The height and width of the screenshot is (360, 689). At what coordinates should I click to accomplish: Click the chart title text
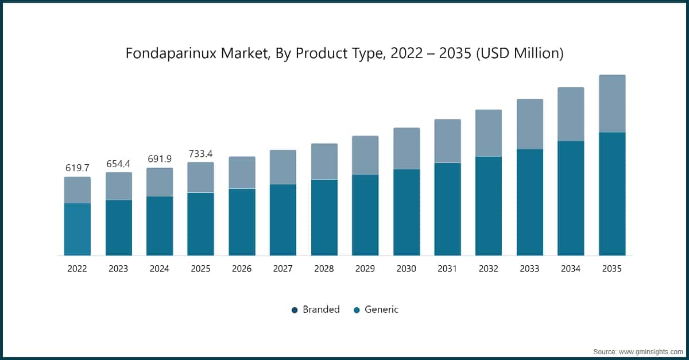(x=344, y=53)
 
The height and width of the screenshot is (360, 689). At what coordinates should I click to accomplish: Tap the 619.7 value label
(x=77, y=168)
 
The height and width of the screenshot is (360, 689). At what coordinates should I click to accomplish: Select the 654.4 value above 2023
(x=118, y=164)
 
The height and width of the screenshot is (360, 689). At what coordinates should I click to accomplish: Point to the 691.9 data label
(x=160, y=159)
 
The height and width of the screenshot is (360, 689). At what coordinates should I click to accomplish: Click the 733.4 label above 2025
(x=200, y=153)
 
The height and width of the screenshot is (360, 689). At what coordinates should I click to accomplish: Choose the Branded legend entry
(x=315, y=309)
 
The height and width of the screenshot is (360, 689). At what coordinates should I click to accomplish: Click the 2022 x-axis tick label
(x=77, y=268)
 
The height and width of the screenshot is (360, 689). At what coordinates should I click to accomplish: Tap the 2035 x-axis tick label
(x=611, y=268)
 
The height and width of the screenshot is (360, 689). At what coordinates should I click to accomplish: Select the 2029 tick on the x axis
(x=365, y=268)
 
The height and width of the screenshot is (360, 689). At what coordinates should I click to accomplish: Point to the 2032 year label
(x=488, y=268)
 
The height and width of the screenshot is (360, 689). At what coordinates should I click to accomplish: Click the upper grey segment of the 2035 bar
(x=612, y=103)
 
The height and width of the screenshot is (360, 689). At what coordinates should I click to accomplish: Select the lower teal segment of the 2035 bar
(x=612, y=193)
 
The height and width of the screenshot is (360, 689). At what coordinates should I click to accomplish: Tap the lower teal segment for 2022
(x=77, y=229)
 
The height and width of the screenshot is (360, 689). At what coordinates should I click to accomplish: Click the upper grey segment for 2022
(x=77, y=189)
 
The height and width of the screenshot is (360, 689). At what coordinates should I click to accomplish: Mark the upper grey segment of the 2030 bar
(x=407, y=148)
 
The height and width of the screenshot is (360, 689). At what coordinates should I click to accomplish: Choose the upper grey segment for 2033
(x=529, y=124)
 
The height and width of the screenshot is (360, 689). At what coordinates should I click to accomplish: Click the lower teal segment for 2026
(x=242, y=222)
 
